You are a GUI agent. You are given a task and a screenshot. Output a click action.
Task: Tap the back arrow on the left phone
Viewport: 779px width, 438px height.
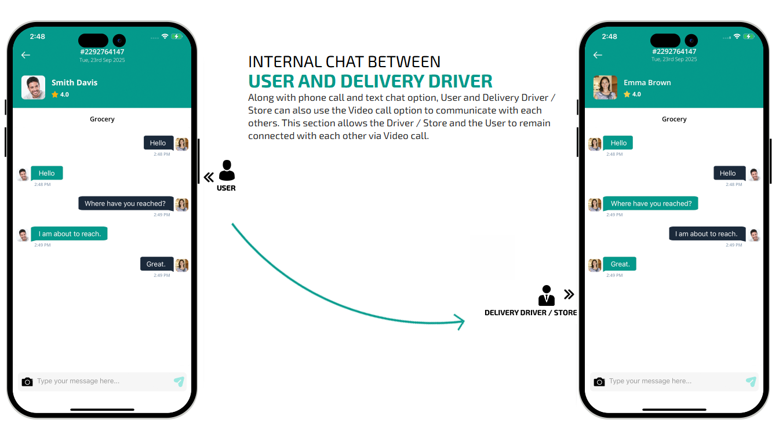click(26, 55)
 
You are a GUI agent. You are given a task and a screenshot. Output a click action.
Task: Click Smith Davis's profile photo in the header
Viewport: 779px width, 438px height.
click(33, 87)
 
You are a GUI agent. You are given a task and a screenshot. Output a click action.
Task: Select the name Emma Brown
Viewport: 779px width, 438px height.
click(647, 82)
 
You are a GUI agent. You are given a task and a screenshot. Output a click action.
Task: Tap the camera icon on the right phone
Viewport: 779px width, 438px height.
click(599, 381)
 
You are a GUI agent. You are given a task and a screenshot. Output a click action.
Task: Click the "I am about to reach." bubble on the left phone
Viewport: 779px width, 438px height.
click(70, 233)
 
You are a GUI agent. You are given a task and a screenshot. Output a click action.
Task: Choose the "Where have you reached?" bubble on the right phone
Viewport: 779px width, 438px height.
click(651, 203)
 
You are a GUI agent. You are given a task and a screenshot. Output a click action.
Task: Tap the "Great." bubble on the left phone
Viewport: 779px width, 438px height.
click(156, 264)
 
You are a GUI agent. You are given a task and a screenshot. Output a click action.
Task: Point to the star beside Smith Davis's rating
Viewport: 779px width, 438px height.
click(55, 94)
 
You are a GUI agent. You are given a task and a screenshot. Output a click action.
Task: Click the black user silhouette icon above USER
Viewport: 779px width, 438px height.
click(227, 170)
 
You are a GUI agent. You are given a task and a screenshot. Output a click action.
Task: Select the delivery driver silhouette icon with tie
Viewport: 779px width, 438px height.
click(546, 295)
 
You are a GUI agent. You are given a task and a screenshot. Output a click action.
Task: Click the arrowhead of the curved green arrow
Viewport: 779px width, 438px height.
click(461, 322)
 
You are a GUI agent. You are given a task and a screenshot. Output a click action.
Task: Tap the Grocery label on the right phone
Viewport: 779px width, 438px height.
click(674, 119)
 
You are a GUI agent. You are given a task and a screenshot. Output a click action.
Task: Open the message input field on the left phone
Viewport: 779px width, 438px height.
click(101, 381)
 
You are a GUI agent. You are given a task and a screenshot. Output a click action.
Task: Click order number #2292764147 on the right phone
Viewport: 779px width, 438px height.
click(674, 52)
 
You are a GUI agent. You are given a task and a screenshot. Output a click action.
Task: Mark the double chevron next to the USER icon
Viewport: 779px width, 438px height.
click(209, 177)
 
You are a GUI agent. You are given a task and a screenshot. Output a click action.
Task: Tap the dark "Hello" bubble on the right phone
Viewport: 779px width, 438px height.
click(727, 173)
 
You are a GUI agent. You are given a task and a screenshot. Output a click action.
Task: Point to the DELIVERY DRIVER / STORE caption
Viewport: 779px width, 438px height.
click(530, 312)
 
